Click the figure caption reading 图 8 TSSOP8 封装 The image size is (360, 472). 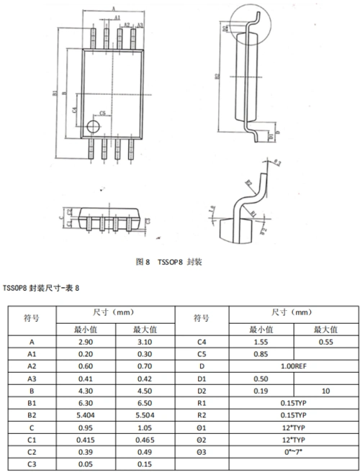[169, 262]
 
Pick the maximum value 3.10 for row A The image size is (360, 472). [145, 342]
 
